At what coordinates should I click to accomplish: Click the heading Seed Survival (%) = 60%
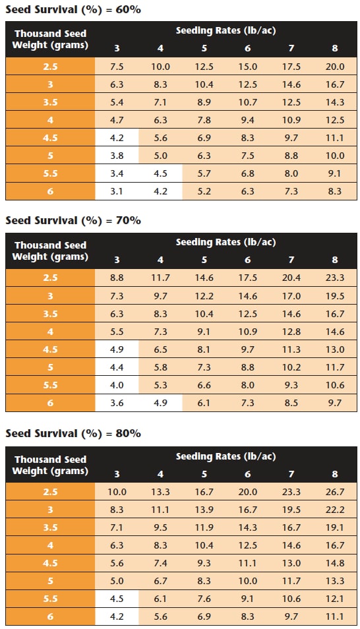point(73,10)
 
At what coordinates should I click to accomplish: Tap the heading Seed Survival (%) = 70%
point(73,221)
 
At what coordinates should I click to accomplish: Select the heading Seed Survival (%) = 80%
point(73,434)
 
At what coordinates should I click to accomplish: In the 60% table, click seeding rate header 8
point(335,49)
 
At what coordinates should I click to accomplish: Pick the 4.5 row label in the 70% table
point(50,349)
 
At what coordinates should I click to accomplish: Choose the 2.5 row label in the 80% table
point(50,492)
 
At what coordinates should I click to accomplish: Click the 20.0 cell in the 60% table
point(335,67)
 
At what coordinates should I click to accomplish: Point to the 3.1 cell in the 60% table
point(117,191)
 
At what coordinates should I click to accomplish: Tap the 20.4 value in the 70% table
point(291,278)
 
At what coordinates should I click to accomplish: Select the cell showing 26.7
point(335,492)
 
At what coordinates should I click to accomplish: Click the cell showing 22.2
point(335,510)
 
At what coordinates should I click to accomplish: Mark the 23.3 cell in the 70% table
point(335,278)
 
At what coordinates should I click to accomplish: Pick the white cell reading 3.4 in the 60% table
point(117,173)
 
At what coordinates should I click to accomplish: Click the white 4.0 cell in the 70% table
point(117,385)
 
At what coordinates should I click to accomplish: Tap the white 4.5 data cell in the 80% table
point(117,599)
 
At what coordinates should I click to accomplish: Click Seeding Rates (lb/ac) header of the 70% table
point(225,242)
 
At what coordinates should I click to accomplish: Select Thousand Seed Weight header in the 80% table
point(50,465)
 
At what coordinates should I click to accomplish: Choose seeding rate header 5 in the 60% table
point(204,49)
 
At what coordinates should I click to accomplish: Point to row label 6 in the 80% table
point(50,616)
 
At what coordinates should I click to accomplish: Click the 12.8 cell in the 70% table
point(291,332)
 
